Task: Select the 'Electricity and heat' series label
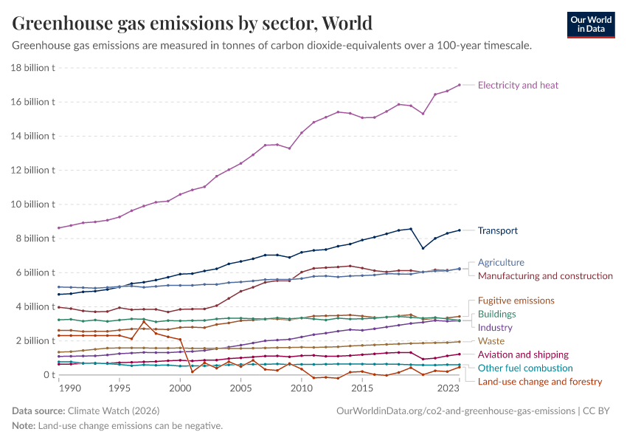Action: click(x=518, y=85)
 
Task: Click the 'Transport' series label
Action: click(x=498, y=230)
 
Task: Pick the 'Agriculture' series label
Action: click(x=501, y=262)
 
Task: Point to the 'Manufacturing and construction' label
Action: click(x=545, y=275)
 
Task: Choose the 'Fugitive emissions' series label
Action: click(x=516, y=301)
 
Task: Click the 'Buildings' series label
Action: click(x=496, y=314)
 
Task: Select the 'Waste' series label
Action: click(x=491, y=341)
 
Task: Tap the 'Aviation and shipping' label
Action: click(x=523, y=354)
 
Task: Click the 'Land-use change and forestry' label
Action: click(x=540, y=382)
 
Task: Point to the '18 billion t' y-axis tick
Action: click(x=33, y=68)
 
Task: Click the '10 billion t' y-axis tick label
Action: click(x=33, y=205)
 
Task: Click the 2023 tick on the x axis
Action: click(x=459, y=388)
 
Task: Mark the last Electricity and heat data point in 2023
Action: click(x=459, y=85)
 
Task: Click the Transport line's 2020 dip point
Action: click(x=423, y=248)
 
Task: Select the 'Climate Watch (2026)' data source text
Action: click(x=112, y=411)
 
